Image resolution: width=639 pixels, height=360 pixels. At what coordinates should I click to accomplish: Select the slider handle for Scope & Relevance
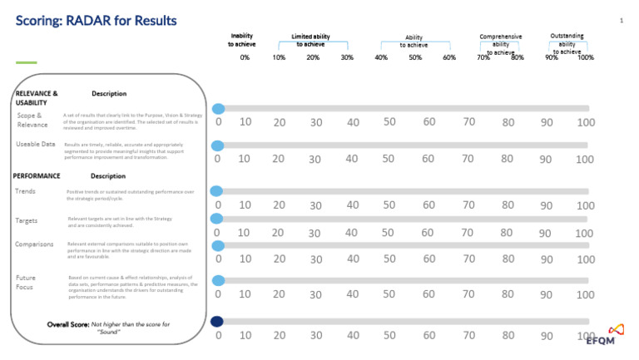pyautogui.click(x=218, y=109)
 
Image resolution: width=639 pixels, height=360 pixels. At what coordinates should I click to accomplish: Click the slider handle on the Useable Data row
pyautogui.click(x=217, y=145)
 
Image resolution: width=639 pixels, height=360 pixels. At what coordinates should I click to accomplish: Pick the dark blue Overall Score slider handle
pyautogui.click(x=217, y=322)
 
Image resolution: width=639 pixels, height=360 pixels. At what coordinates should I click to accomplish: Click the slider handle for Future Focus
pyautogui.click(x=218, y=281)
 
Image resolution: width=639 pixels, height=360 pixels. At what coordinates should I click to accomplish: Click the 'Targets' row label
pyautogui.click(x=27, y=221)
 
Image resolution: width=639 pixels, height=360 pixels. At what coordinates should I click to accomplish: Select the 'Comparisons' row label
pyautogui.click(x=34, y=244)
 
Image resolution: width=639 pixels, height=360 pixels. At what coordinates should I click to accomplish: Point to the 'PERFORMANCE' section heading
pyautogui.click(x=37, y=176)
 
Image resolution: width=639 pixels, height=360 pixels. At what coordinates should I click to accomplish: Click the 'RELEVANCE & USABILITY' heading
pyautogui.click(x=37, y=98)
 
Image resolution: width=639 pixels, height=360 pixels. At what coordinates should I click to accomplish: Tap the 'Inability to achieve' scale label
pyautogui.click(x=243, y=40)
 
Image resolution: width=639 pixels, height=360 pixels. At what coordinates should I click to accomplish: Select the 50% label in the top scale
pyautogui.click(x=414, y=57)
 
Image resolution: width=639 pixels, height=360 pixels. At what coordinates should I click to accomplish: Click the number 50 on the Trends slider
pyautogui.click(x=388, y=205)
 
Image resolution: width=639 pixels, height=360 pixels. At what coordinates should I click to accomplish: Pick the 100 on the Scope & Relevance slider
pyautogui.click(x=585, y=123)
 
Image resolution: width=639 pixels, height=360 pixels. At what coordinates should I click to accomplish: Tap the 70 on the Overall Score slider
pyautogui.click(x=469, y=335)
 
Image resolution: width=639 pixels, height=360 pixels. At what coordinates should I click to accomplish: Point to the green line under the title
pyautogui.click(x=27, y=62)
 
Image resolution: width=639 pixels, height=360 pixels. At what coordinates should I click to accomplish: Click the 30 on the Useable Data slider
pyautogui.click(x=315, y=159)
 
